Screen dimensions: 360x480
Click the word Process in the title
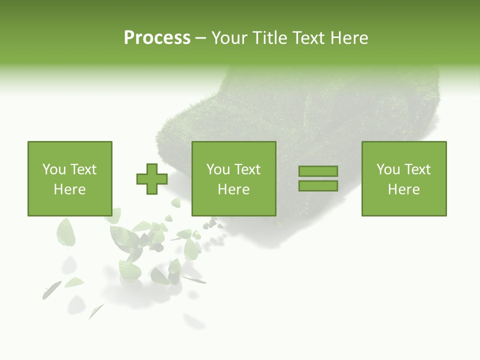[157, 38]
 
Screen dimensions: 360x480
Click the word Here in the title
[350, 38]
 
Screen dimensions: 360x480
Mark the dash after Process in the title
[200, 38]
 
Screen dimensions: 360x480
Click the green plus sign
[152, 179]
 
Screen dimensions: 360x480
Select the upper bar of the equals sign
[318, 171]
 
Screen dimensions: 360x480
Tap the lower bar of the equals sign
[318, 186]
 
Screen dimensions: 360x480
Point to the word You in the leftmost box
[54, 169]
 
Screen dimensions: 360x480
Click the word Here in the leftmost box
[69, 189]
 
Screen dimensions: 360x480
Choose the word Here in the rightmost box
[403, 189]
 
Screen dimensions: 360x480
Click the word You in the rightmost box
[388, 169]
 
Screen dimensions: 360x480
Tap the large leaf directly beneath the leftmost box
[65, 232]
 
